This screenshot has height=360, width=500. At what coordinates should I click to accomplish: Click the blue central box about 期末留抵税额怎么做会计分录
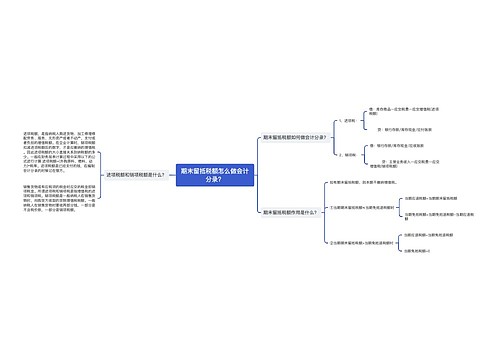pyautogui.click(x=201, y=175)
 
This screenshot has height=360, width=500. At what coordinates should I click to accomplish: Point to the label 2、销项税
pyautogui.click(x=347, y=154)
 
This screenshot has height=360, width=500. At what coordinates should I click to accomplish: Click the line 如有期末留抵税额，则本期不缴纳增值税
pyautogui.click(x=366, y=182)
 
